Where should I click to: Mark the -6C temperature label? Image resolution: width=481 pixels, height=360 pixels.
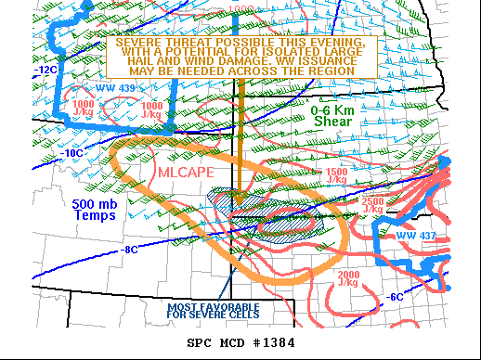(x=396, y=296)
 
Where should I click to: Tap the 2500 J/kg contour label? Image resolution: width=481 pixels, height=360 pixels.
(x=371, y=205)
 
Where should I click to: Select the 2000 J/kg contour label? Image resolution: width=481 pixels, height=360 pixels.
(x=349, y=278)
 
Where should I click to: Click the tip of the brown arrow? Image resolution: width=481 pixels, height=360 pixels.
(x=238, y=202)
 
